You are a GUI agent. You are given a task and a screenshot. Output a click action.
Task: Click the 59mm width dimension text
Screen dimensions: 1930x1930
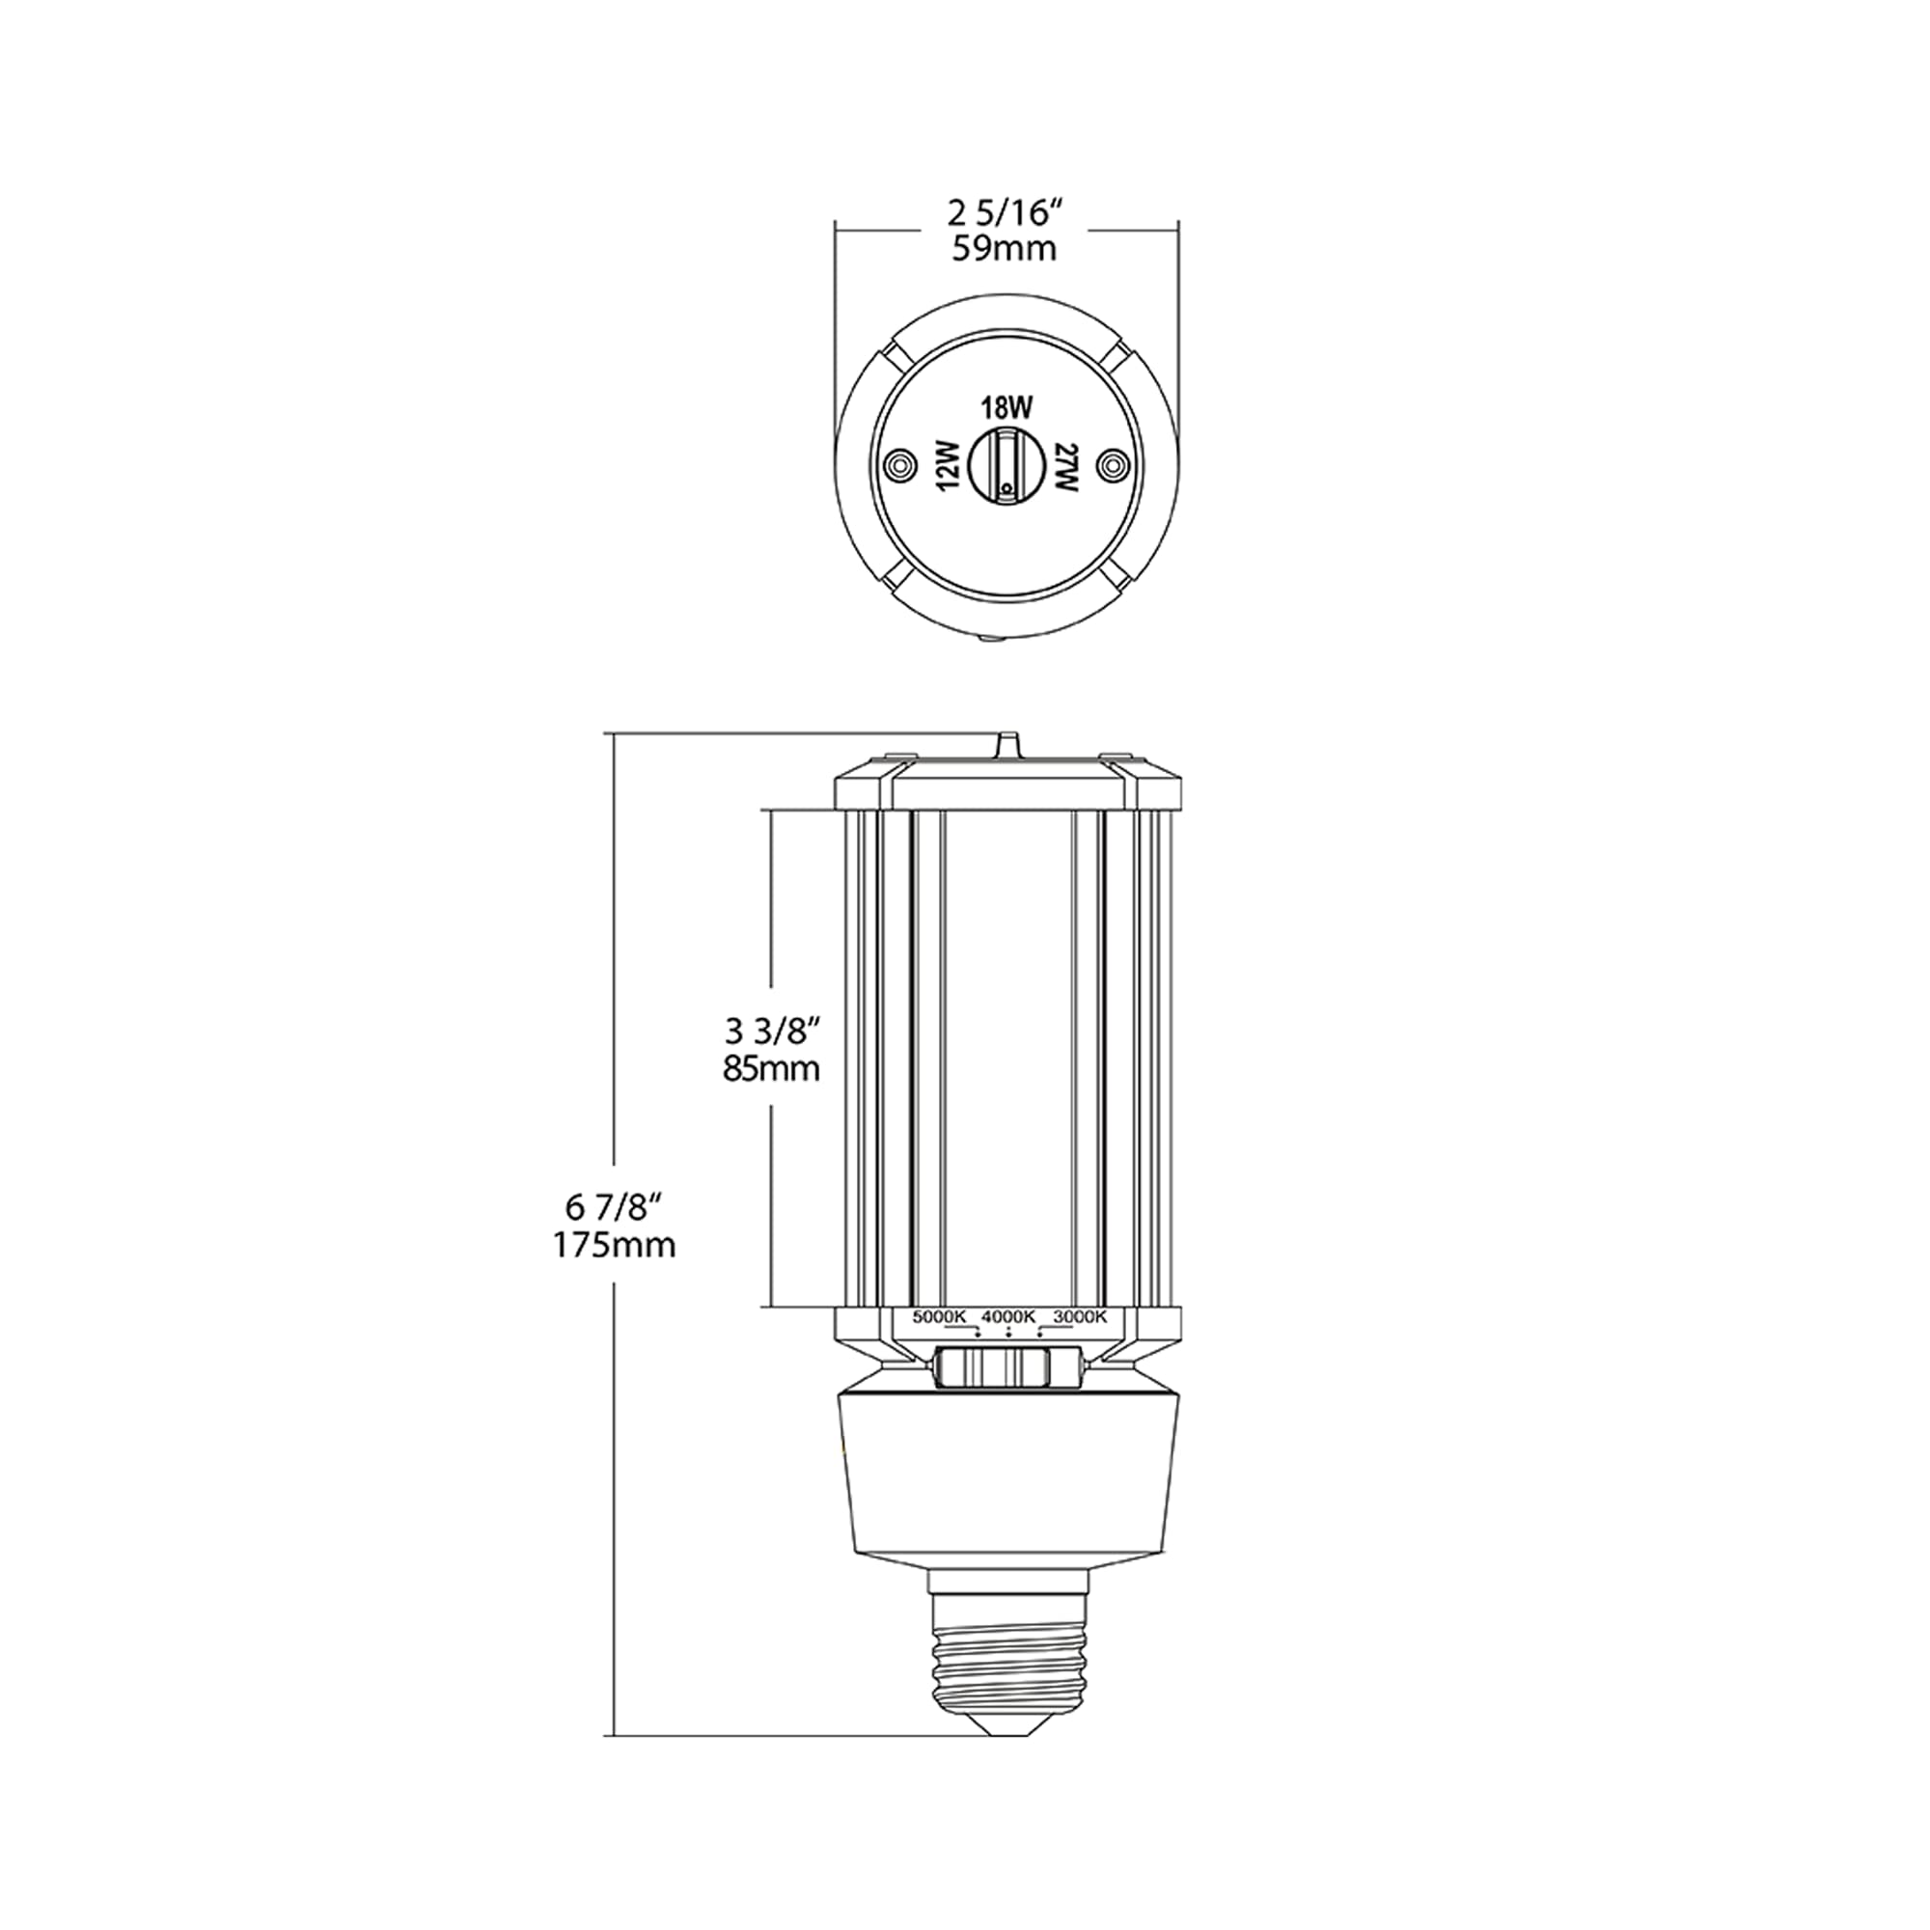[1004, 249]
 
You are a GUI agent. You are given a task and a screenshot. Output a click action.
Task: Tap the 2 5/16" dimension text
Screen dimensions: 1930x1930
[1004, 212]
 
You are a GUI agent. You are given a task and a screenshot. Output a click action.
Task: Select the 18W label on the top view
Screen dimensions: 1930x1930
[1005, 407]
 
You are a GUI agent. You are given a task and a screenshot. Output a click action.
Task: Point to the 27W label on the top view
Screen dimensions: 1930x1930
[1066, 465]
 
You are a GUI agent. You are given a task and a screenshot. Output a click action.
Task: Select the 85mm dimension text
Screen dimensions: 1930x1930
[771, 1069]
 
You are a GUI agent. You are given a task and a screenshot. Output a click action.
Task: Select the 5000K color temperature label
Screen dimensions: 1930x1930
[938, 1316]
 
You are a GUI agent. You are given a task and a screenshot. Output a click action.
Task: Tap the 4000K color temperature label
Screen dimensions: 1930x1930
[1009, 1316]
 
